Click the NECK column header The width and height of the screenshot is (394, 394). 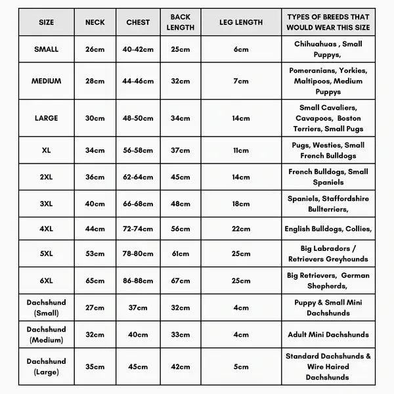click(x=95, y=22)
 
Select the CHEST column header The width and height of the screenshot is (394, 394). click(x=138, y=22)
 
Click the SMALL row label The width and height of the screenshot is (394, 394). click(x=46, y=49)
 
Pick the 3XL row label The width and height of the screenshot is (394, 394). click(x=46, y=204)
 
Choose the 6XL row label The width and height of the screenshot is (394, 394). click(x=46, y=280)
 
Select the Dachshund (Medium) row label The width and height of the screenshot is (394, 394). click(x=46, y=334)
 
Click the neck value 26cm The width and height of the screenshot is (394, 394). click(x=95, y=49)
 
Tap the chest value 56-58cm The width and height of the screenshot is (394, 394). click(x=138, y=150)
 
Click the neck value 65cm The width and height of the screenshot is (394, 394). click(x=95, y=280)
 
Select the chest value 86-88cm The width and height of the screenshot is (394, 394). click(x=138, y=280)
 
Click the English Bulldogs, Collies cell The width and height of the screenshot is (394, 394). click(x=328, y=229)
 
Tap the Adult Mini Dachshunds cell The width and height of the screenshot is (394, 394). click(x=328, y=334)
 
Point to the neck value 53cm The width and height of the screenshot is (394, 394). click(x=95, y=253)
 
